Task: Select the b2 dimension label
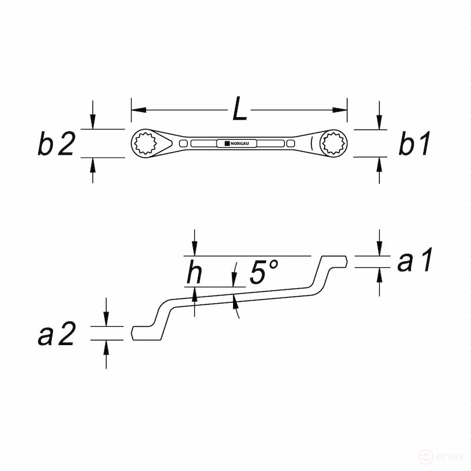57,144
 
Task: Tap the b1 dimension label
414,144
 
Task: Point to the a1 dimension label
415,261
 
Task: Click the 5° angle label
263,273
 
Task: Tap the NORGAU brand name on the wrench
237,143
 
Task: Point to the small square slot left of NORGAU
184,144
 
